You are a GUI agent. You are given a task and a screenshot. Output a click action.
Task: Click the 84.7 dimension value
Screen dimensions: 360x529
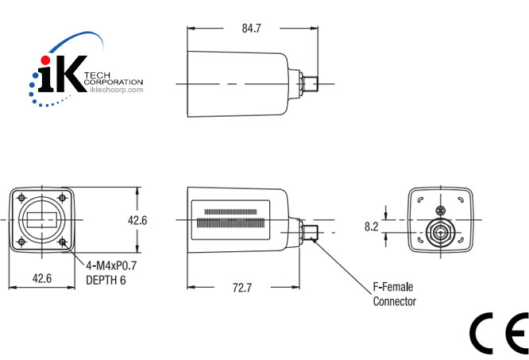[x=251, y=28]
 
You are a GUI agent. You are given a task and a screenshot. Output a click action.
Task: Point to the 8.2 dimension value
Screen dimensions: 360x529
[x=371, y=226]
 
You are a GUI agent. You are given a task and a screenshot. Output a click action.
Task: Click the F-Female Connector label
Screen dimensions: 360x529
[x=394, y=294]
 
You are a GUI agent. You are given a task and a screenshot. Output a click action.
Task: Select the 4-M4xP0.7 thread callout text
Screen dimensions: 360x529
[x=111, y=267]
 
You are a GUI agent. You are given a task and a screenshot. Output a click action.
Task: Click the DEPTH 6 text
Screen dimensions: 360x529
[x=105, y=280]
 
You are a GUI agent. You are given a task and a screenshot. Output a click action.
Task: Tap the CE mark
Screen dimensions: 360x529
[x=498, y=332]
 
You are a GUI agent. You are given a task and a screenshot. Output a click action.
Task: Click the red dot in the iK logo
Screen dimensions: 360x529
[x=46, y=61]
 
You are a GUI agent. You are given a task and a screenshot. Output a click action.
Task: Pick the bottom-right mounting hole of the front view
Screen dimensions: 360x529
[x=64, y=243]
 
